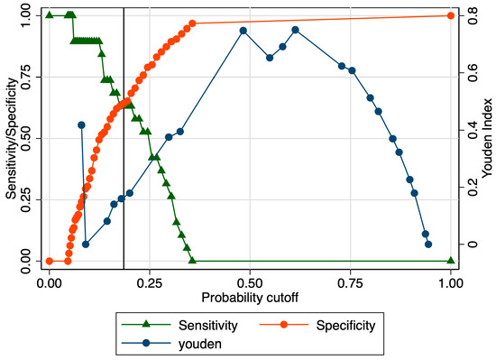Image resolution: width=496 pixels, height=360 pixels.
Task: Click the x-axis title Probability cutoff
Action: tap(250, 297)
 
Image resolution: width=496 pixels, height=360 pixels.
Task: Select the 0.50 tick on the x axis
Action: tap(250, 282)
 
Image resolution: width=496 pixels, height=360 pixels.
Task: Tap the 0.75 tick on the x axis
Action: tap(350, 282)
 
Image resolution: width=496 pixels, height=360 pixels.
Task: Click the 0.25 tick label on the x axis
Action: tap(150, 282)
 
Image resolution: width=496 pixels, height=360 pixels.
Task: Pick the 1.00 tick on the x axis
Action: tap(450, 282)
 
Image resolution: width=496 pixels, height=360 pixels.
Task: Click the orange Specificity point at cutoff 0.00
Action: tap(50, 261)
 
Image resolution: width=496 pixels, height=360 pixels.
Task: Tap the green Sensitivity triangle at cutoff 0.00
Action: tap(50, 15)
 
